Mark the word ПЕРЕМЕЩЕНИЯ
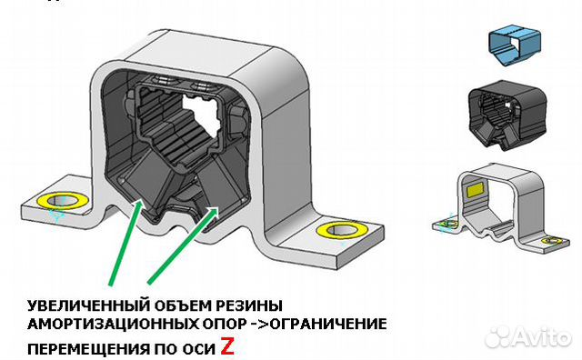point(81,347)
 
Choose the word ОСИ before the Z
point(195,347)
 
